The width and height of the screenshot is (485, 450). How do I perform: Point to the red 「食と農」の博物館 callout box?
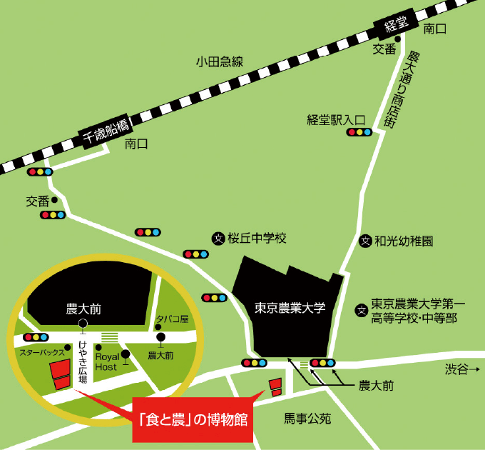pos(193,418)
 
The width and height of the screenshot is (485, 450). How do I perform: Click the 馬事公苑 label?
pos(307,419)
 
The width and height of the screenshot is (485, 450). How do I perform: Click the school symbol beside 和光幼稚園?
pos(364,241)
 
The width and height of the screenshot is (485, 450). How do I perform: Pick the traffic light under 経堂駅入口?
pos(359,132)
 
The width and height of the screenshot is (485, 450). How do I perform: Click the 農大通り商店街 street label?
pos(400,89)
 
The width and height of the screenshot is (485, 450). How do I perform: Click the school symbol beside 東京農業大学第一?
pos(362,310)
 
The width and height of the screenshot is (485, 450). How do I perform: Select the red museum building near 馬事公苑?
pos(275,388)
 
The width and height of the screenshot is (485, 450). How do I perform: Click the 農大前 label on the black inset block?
pos(83,309)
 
